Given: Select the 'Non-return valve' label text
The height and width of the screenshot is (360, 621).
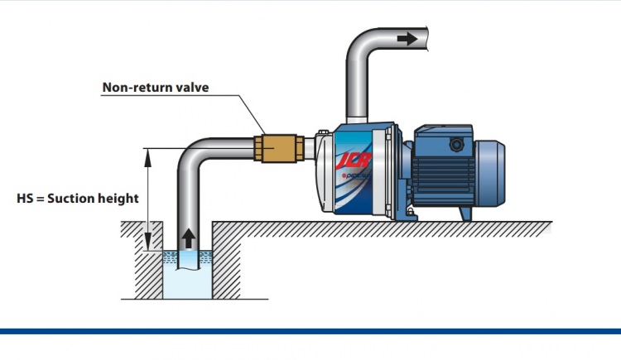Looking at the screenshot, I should (154, 86).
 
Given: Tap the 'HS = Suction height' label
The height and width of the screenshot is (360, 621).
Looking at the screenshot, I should (77, 199).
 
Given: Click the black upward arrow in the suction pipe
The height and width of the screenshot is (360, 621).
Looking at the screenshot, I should (189, 238).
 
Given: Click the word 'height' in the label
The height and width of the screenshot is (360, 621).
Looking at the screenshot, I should (121, 199).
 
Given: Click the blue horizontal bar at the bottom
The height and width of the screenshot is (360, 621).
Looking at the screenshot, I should (310, 331).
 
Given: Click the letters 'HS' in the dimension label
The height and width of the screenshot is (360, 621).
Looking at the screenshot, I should (25, 199).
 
